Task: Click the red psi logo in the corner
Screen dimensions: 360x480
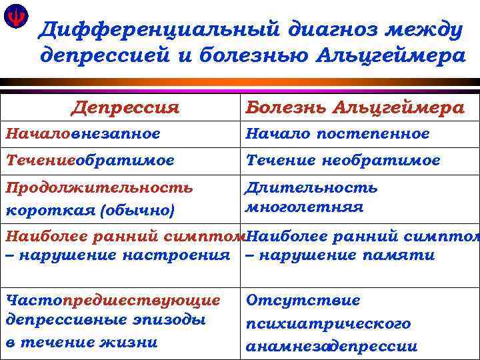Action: coord(15,18)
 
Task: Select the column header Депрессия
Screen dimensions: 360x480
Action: coord(126,107)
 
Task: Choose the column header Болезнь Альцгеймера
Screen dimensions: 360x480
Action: coord(355,107)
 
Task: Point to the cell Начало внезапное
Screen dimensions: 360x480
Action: coord(83,133)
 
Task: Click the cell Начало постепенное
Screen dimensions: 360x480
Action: coord(338,133)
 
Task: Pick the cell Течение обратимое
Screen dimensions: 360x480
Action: coord(90,161)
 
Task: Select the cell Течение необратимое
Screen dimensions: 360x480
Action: coord(343,161)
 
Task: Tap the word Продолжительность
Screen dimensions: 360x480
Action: coord(99,187)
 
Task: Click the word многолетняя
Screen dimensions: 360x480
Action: coord(305,207)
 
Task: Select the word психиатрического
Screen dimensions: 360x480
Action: coord(328,324)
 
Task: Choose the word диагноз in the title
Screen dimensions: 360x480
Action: coord(313,29)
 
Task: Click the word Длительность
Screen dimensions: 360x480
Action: coord(311,187)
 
